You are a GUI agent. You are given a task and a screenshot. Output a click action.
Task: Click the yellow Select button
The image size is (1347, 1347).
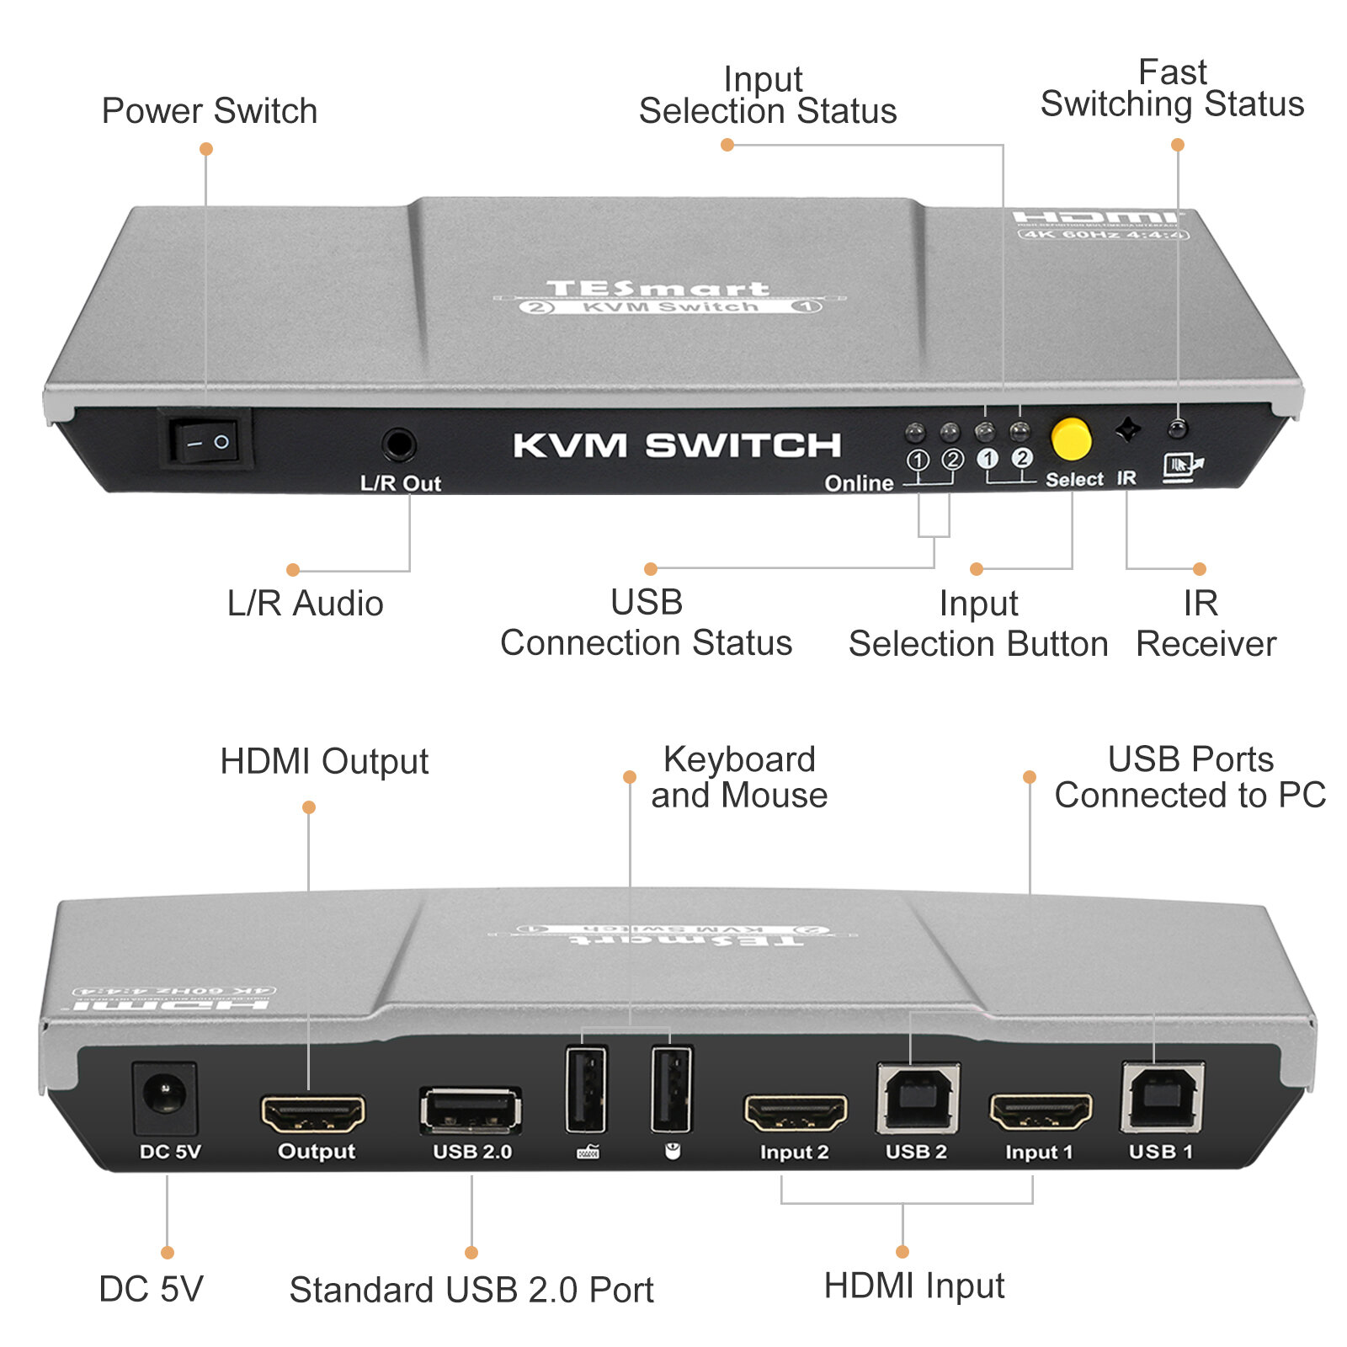tap(1071, 439)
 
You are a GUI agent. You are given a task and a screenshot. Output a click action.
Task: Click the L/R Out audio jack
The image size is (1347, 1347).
tap(398, 445)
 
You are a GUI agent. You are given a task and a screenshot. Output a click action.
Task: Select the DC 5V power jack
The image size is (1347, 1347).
tap(165, 1096)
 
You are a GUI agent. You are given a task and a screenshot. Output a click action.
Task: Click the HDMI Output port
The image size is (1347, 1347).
tap(313, 1113)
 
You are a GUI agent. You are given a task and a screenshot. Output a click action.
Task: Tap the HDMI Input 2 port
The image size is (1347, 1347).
tap(796, 1113)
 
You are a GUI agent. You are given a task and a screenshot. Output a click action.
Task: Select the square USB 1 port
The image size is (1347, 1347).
tap(1162, 1097)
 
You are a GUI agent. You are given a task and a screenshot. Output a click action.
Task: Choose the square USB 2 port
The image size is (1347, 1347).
tap(918, 1098)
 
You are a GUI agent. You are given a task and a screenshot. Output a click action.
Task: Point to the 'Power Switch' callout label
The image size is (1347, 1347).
tap(210, 111)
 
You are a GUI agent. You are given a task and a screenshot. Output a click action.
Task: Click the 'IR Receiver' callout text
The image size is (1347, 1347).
tap(1205, 624)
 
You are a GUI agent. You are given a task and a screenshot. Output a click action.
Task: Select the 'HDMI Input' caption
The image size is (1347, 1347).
tap(914, 1286)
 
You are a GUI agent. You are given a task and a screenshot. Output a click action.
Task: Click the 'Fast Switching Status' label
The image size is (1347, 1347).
tap(1172, 88)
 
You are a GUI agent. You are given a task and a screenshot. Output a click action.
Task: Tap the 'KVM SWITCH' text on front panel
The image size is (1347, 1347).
tap(677, 445)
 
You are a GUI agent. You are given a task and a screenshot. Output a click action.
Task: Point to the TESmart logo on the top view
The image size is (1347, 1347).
tap(658, 289)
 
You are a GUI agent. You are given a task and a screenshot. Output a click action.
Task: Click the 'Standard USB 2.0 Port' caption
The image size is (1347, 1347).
tap(471, 1290)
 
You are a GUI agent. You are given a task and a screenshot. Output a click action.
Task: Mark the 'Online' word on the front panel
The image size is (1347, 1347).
tap(859, 482)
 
